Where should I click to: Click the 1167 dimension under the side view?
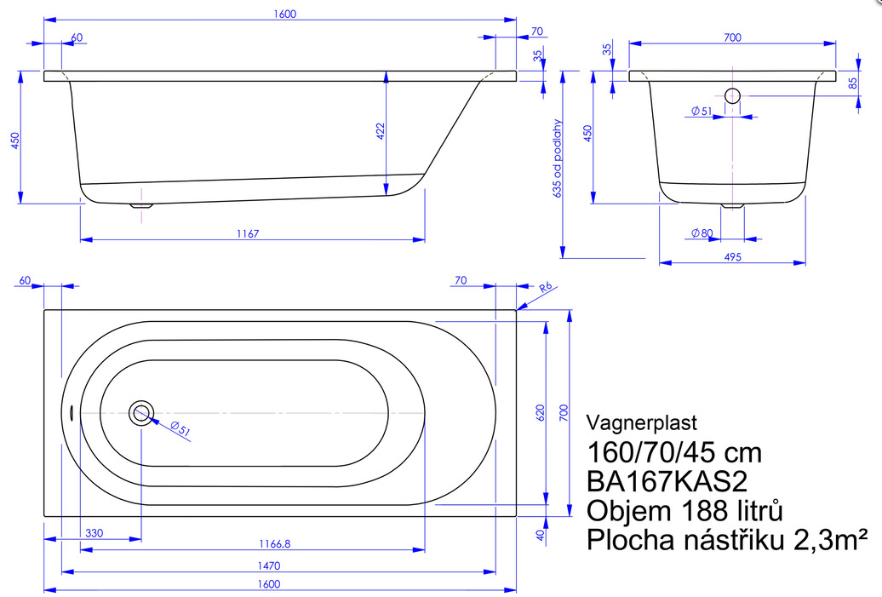pyautogui.click(x=248, y=233)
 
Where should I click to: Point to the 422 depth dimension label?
pyautogui.click(x=381, y=131)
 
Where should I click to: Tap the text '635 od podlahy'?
pyautogui.click(x=558, y=158)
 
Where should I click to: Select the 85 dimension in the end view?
pyautogui.click(x=853, y=83)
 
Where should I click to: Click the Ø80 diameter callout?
pyautogui.click(x=702, y=232)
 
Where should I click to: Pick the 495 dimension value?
pyautogui.click(x=732, y=256)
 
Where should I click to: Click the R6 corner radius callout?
pyautogui.click(x=546, y=288)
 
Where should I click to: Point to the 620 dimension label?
pyautogui.click(x=541, y=413)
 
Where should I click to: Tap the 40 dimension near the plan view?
pyautogui.click(x=541, y=535)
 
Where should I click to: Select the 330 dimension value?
pyautogui.click(x=94, y=533)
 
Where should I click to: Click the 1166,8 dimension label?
pyautogui.click(x=274, y=543)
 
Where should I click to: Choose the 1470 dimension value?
pyautogui.click(x=269, y=565)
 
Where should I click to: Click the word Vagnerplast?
pyautogui.click(x=641, y=422)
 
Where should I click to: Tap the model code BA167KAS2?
pyautogui.click(x=667, y=482)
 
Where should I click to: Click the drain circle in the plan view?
pyautogui.click(x=141, y=414)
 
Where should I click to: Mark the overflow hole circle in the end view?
pyautogui.click(x=732, y=95)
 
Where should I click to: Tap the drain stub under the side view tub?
pyautogui.click(x=141, y=205)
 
